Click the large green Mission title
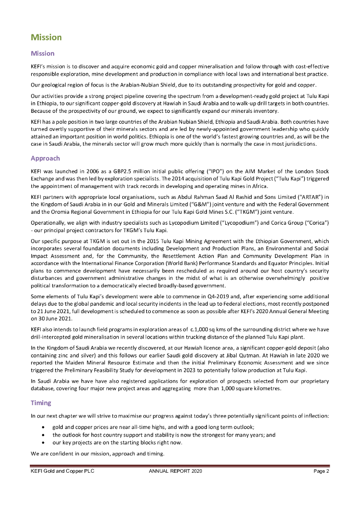[x=46, y=38]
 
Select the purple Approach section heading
[x=45, y=159]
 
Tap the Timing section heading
[x=41, y=403]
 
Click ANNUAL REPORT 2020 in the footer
[x=172, y=471]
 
